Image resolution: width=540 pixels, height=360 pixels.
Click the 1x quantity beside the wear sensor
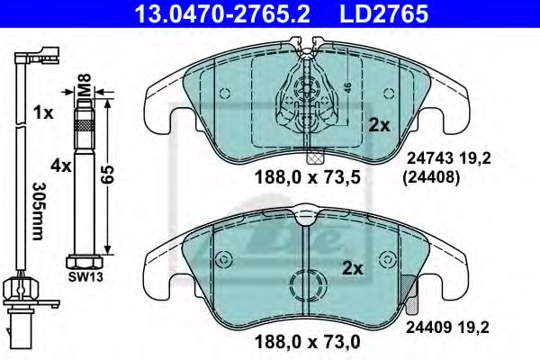click(41, 113)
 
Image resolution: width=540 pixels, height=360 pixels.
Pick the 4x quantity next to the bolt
click(60, 166)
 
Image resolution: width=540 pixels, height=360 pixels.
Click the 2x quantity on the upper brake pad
click(379, 126)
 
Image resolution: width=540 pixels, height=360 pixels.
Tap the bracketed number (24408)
click(432, 177)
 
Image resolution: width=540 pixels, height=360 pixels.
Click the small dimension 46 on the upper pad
click(346, 90)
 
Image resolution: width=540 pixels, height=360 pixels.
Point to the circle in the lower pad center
click(306, 286)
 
